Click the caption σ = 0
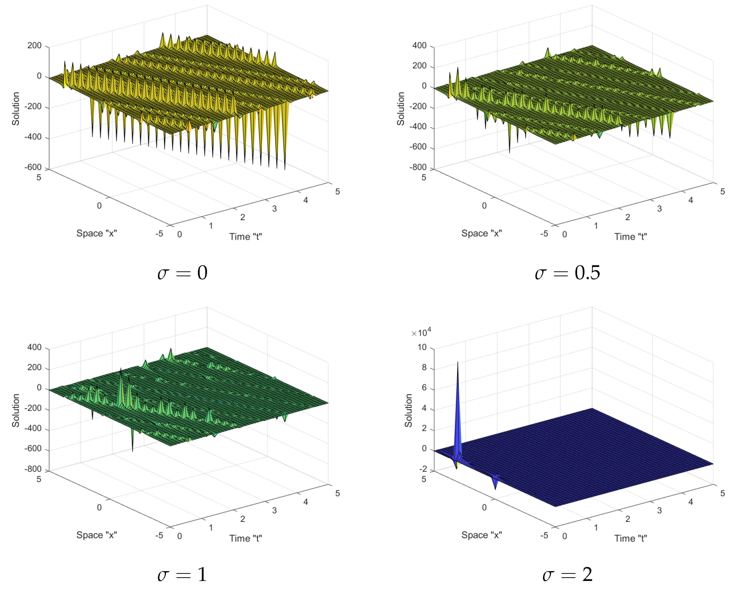point(182,273)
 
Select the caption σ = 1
point(182,575)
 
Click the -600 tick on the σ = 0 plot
point(33,167)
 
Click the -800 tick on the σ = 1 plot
point(33,469)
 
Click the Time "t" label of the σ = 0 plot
point(246,237)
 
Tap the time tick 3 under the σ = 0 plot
point(274,209)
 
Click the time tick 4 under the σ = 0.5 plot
point(690,200)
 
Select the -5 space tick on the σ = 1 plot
point(159,535)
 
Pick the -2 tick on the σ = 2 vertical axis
point(423,469)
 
